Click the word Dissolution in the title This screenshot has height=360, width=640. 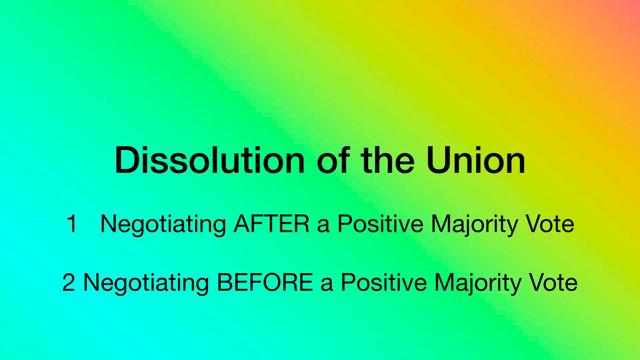click(x=210, y=160)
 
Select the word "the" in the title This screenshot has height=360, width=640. click(x=388, y=160)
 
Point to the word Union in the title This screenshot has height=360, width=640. click(x=475, y=160)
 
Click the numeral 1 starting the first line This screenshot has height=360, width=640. click(x=72, y=224)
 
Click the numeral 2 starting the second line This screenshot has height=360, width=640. click(x=69, y=283)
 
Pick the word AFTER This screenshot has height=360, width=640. click(x=271, y=224)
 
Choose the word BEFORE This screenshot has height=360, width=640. click(x=265, y=283)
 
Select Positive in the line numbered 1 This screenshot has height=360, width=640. click(x=380, y=224)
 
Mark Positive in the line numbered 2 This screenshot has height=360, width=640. click(x=384, y=283)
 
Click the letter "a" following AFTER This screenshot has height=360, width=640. click(x=323, y=227)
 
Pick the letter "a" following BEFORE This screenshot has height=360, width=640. click(x=327, y=285)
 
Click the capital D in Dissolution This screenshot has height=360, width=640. click(x=128, y=160)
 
